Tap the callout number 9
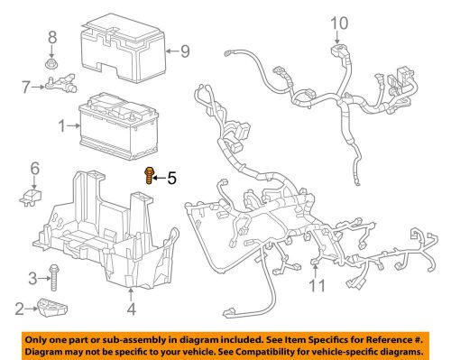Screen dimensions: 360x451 pyautogui.click(x=184, y=51)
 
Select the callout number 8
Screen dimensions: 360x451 pyautogui.click(x=51, y=37)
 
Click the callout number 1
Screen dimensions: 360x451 pyautogui.click(x=61, y=127)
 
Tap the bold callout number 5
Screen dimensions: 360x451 pyautogui.click(x=171, y=179)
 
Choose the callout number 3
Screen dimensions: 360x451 pyautogui.click(x=31, y=277)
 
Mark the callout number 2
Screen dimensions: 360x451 pyautogui.click(x=20, y=309)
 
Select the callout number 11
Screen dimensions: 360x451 pyautogui.click(x=316, y=287)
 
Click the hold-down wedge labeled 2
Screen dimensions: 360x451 pyautogui.click(x=52, y=309)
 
